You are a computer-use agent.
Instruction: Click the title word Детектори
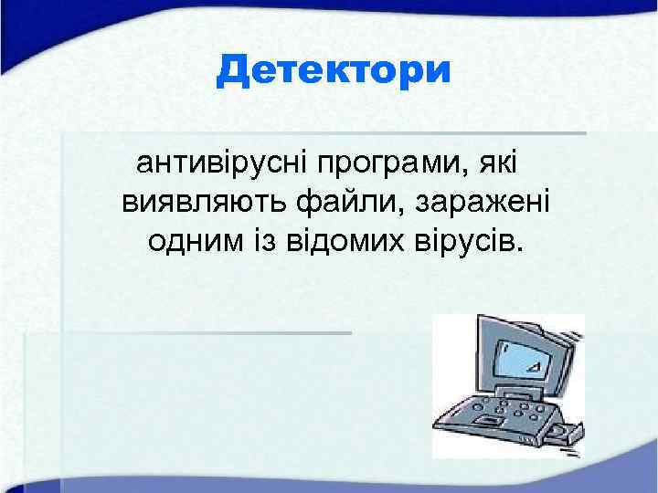(x=334, y=71)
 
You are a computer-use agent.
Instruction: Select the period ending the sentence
(x=524, y=249)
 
